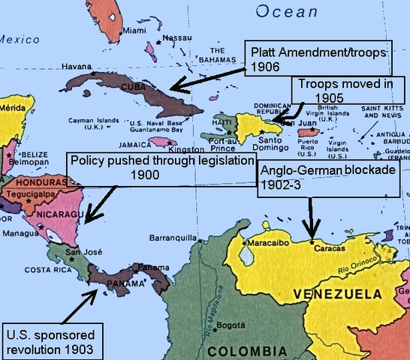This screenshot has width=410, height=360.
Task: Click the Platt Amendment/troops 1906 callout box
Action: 319,57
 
